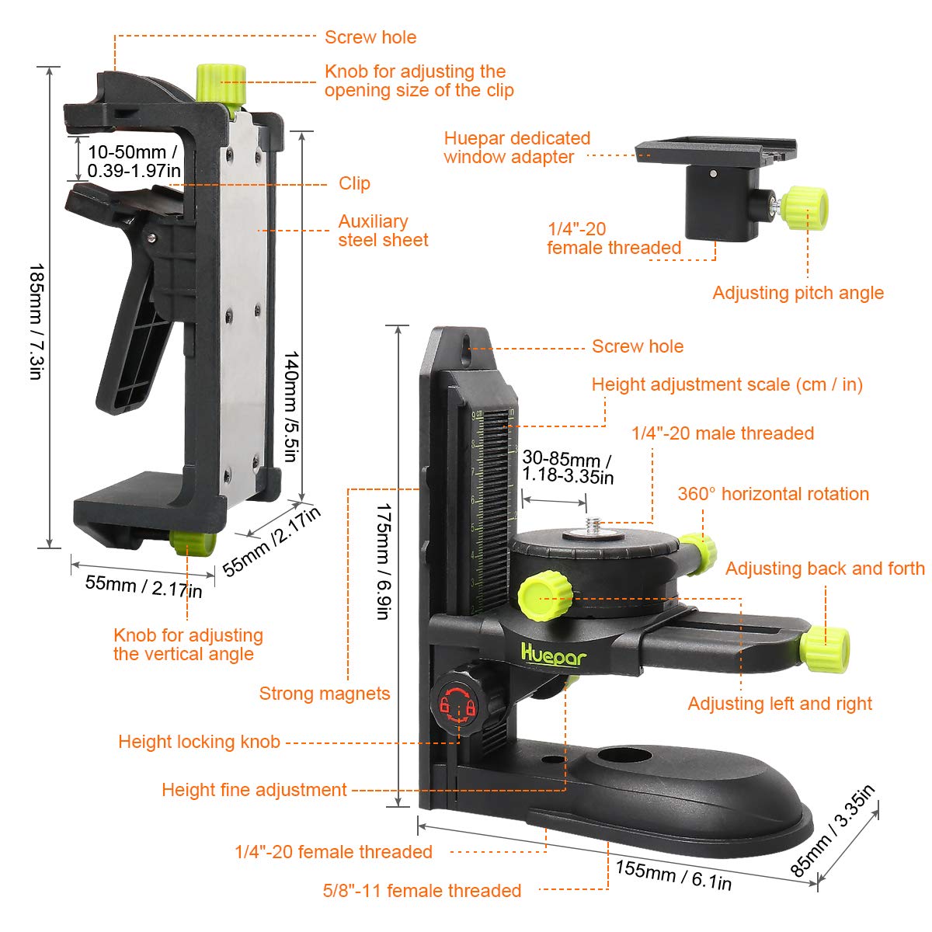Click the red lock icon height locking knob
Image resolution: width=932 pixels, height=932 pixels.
pyautogui.click(x=457, y=704)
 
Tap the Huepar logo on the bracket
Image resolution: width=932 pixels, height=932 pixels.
pyautogui.click(x=554, y=655)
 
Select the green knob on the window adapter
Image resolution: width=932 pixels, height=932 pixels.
pyautogui.click(x=804, y=208)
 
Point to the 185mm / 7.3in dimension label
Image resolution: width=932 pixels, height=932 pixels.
pyautogui.click(x=37, y=322)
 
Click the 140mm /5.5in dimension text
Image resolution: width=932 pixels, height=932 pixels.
pyautogui.click(x=291, y=406)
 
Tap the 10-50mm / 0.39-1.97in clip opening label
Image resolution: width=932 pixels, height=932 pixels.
pyautogui.click(x=134, y=161)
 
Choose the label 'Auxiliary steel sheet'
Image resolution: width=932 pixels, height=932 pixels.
pyautogui.click(x=383, y=231)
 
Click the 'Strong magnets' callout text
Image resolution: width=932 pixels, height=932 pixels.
pyautogui.click(x=325, y=693)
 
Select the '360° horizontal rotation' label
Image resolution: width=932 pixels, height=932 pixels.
pyautogui.click(x=774, y=494)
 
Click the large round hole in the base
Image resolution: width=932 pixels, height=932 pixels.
pyautogui.click(x=624, y=756)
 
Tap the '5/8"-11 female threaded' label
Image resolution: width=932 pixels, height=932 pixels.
pyautogui.click(x=423, y=890)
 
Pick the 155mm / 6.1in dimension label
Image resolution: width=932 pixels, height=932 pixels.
pyautogui.click(x=673, y=875)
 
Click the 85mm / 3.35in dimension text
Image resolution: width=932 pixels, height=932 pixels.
pyautogui.click(x=833, y=831)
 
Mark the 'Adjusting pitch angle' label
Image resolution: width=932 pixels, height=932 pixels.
pyautogui.click(x=798, y=293)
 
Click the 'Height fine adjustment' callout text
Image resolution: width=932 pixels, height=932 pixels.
pyautogui.click(x=255, y=790)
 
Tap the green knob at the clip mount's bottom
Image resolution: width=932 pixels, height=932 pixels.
pyautogui.click(x=193, y=543)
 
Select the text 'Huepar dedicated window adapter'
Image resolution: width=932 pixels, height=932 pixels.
pyautogui.click(x=517, y=148)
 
